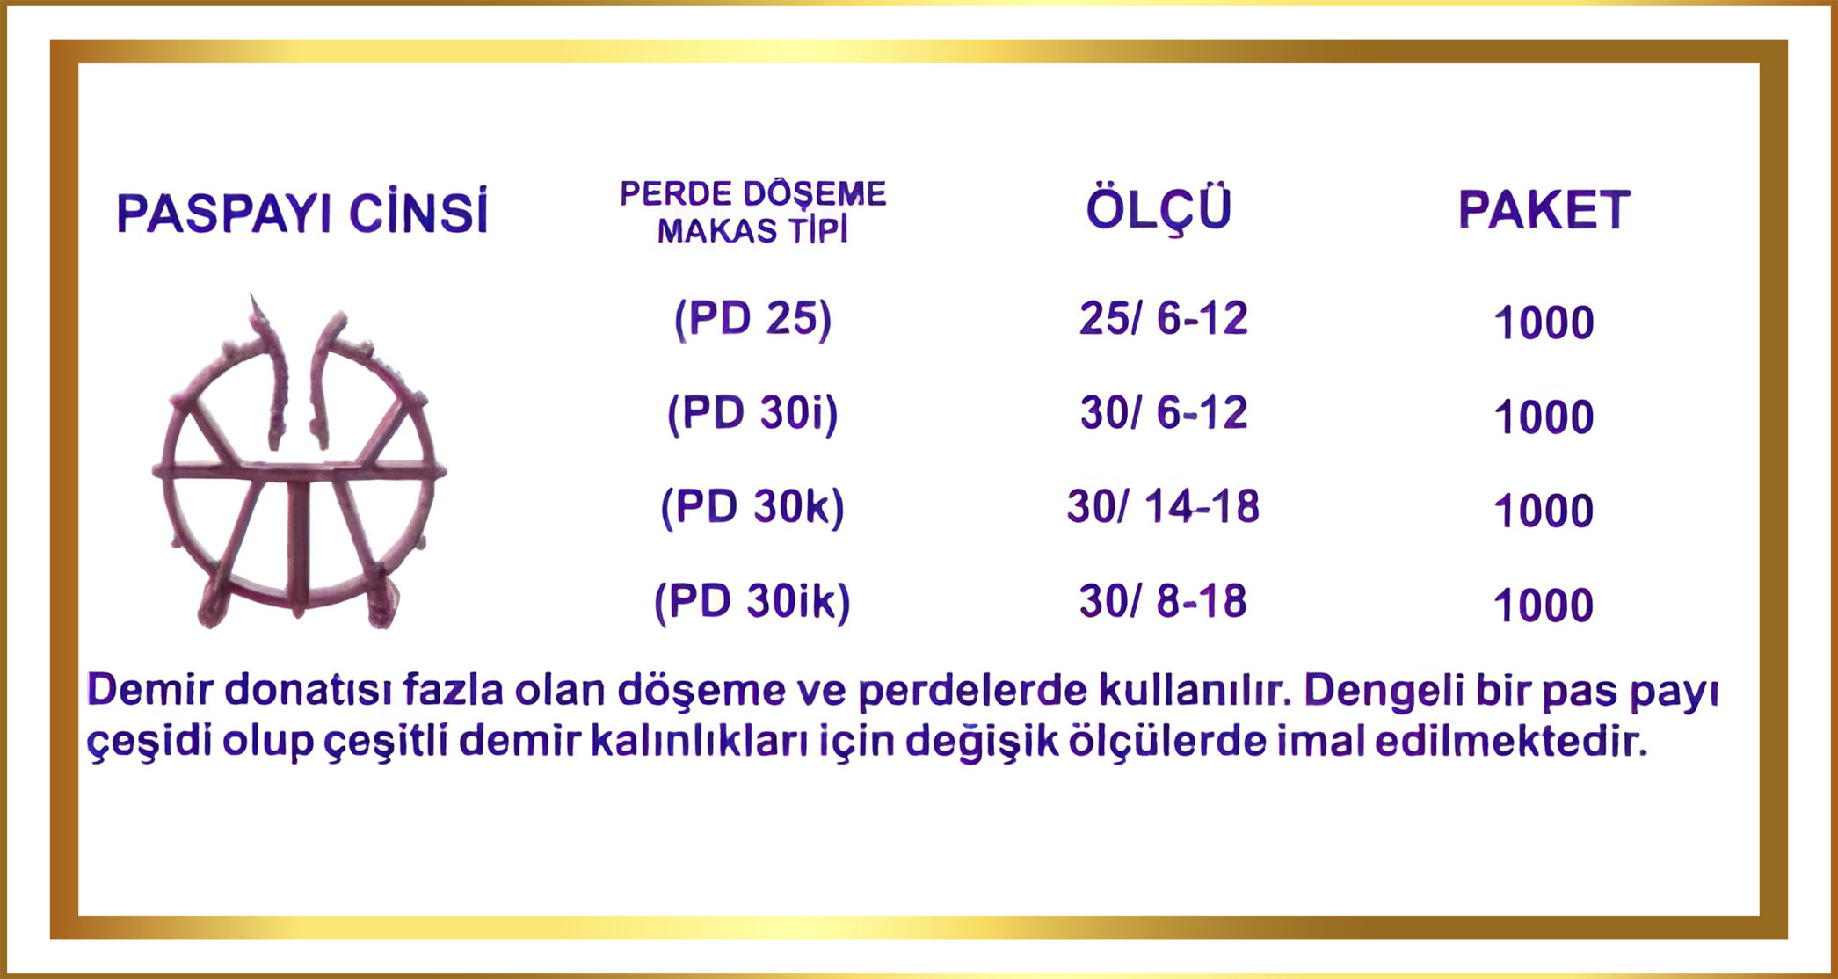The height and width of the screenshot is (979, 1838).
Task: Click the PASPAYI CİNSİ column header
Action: (301, 213)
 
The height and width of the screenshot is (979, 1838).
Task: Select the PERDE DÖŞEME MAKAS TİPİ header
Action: (753, 212)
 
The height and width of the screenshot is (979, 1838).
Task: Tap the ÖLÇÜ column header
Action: (1159, 209)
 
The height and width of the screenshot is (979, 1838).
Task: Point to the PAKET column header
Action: (1544, 210)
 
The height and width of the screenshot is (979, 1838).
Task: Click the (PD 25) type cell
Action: (752, 319)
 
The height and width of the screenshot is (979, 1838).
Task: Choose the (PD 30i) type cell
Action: (752, 413)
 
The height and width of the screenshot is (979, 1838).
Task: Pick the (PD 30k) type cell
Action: (752, 507)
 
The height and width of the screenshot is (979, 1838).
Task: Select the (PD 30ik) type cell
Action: (752, 602)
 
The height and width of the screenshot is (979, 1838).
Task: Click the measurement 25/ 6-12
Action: (1163, 318)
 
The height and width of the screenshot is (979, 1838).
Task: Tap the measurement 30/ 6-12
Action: (1163, 412)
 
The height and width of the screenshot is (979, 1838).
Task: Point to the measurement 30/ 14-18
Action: (1163, 507)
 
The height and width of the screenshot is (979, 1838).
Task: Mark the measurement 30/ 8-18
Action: (1163, 601)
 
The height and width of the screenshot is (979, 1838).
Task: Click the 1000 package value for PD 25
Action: (1544, 323)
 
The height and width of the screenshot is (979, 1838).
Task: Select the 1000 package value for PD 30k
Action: (1544, 511)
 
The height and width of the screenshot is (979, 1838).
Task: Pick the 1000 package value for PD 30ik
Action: (1544, 606)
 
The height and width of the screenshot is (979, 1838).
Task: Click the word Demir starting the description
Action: (149, 690)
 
